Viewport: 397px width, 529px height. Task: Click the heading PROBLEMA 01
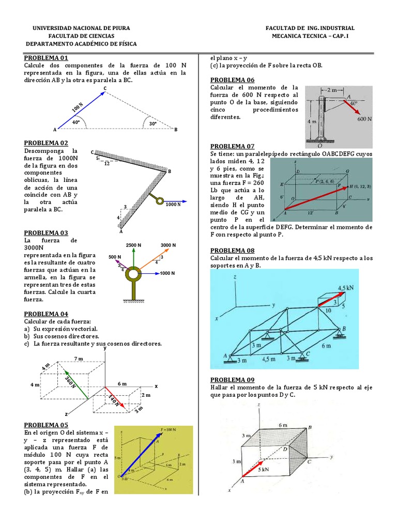pyautogui.click(x=46, y=58)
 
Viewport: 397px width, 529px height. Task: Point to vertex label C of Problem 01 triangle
pyautogui.click(x=105, y=89)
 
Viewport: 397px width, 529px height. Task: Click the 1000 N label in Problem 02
pyautogui.click(x=173, y=204)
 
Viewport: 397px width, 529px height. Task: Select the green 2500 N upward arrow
pyautogui.click(x=133, y=257)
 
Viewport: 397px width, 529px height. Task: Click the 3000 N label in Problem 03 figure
pyautogui.click(x=169, y=245)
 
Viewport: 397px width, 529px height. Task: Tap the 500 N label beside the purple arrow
pyautogui.click(x=115, y=257)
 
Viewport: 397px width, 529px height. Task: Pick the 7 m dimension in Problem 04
pyautogui.click(x=79, y=358)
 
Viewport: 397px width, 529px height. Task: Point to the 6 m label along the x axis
pyautogui.click(x=122, y=383)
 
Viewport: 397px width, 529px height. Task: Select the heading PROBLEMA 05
pyautogui.click(x=46, y=425)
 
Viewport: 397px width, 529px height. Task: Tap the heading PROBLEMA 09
pyautogui.click(x=232, y=379)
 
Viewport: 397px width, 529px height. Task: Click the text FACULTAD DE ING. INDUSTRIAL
pyautogui.click(x=310, y=28)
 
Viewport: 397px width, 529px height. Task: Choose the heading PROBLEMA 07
pyautogui.click(x=232, y=146)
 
